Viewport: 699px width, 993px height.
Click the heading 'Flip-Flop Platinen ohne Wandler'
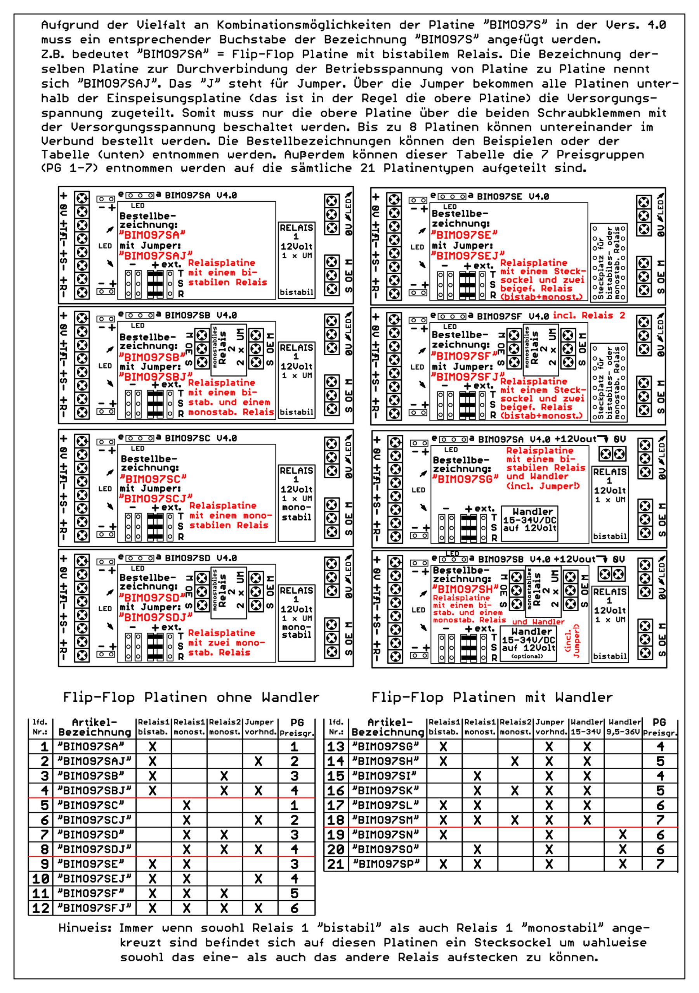click(x=191, y=697)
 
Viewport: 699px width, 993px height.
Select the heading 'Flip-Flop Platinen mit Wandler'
click(x=492, y=697)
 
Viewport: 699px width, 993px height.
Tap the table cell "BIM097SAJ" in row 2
click(x=94, y=761)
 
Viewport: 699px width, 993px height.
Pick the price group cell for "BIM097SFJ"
click(x=294, y=908)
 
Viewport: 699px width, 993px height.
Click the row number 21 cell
click(x=336, y=864)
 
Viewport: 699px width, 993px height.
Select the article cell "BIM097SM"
click(x=386, y=820)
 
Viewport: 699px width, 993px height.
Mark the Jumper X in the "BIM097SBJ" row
click(x=258, y=791)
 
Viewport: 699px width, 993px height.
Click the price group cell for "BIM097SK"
click(x=660, y=791)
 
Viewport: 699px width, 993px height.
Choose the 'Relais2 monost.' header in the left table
click(x=224, y=727)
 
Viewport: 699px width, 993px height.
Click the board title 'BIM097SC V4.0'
click(x=201, y=438)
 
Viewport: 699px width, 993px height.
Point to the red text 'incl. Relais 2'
click(x=589, y=315)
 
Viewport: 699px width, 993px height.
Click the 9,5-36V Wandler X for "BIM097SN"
click(x=623, y=835)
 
